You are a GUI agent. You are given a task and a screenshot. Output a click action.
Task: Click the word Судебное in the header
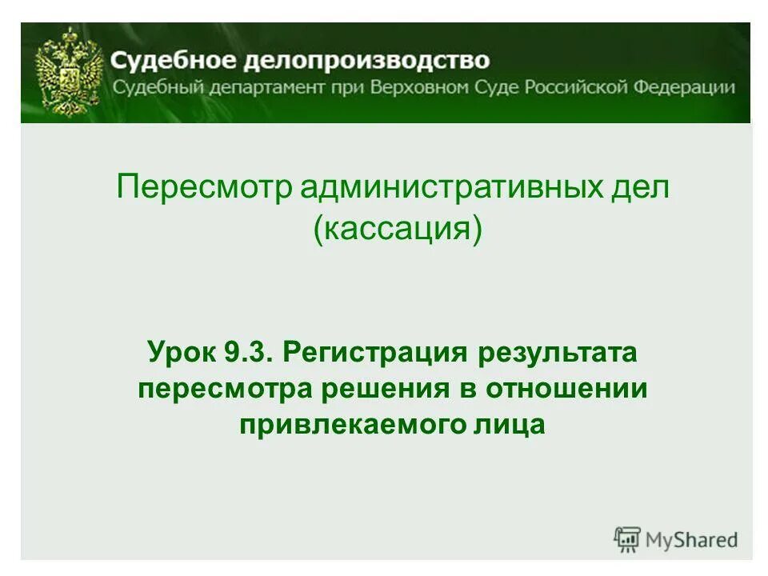164,61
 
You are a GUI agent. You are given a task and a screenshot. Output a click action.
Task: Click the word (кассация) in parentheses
398,231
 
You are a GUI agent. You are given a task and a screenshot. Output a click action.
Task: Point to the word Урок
177,352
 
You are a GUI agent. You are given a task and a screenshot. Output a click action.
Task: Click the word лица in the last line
508,425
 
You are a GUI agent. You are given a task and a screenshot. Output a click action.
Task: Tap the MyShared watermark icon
627,539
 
